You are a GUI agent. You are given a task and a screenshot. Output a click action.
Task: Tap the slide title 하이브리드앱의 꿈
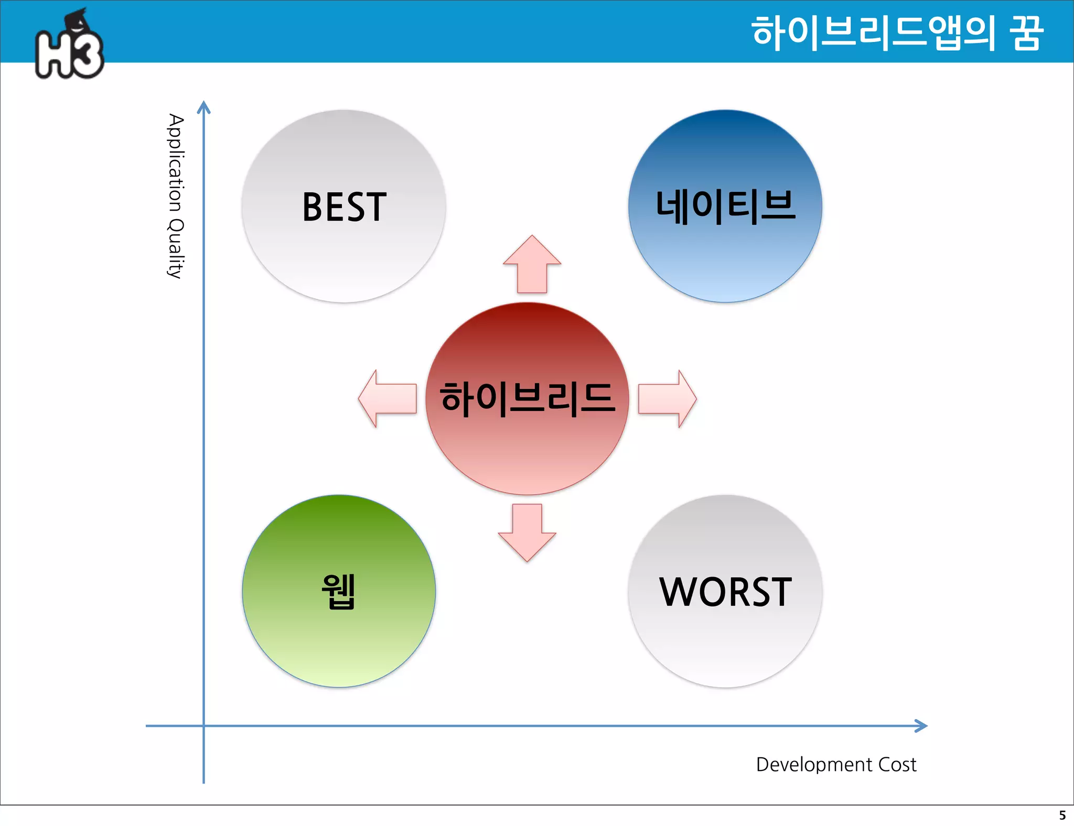897,32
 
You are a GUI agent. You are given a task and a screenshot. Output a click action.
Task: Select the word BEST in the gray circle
344,207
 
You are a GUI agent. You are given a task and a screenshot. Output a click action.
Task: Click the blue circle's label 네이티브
725,206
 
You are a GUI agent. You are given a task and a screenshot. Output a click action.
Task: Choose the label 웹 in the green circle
339,591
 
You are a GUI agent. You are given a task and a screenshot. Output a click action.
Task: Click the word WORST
725,592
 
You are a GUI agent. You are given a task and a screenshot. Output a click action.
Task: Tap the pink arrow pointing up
532,265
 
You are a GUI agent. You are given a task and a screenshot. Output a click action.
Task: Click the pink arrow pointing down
527,532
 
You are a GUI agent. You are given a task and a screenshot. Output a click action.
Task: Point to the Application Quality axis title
176,196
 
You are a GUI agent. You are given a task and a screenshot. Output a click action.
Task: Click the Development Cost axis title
836,765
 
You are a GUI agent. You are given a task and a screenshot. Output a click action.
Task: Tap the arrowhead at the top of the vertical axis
203,107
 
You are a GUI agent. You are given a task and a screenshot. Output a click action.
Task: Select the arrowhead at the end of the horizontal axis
921,726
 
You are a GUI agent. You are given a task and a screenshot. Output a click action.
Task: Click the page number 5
1062,816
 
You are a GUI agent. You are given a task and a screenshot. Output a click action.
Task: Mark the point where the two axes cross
203,726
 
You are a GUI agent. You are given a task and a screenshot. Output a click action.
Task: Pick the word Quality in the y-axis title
176,249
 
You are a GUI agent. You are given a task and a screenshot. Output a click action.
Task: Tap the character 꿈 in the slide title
1026,32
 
